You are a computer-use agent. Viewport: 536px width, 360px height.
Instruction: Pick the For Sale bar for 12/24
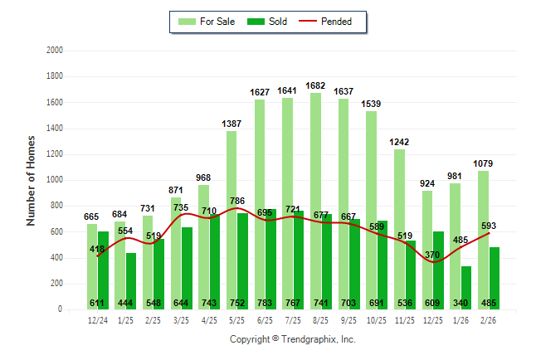92,265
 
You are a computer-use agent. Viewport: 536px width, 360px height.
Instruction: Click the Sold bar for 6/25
271,257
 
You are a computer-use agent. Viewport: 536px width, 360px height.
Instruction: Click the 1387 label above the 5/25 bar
231,124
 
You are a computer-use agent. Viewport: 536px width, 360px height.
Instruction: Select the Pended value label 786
237,200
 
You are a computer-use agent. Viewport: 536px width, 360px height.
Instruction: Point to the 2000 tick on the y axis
55,51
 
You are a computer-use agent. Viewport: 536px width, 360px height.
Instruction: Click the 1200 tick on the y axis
55,154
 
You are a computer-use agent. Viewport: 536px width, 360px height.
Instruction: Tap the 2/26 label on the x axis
490,319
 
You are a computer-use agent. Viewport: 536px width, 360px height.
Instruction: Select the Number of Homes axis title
32,180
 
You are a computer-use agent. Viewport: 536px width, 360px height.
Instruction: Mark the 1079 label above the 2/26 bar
485,163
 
